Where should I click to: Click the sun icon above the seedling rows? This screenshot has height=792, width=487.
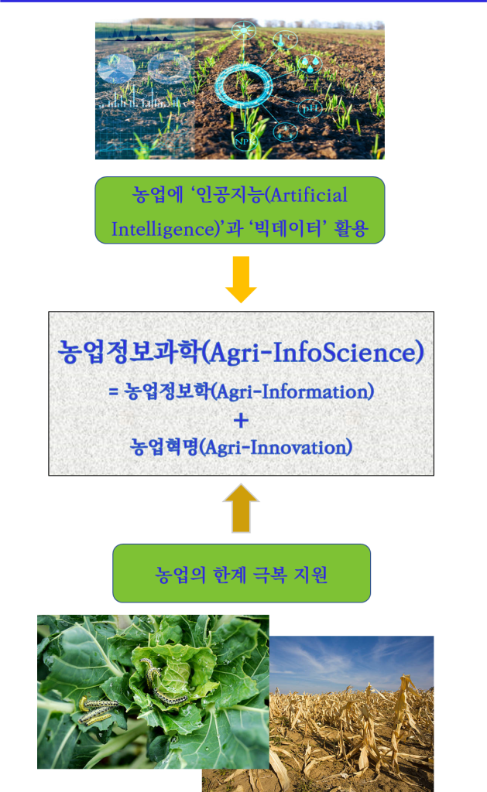coord(244,30)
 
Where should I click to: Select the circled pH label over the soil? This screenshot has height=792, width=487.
coord(310,108)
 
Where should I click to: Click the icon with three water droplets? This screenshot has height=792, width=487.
coord(310,64)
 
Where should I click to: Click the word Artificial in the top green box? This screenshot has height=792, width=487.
coord(309,195)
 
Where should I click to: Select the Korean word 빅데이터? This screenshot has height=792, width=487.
coord(288,228)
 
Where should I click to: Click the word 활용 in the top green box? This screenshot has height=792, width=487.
coord(351,229)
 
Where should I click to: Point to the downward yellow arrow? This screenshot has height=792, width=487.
coord(241,279)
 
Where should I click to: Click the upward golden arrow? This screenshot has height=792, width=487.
coord(242,508)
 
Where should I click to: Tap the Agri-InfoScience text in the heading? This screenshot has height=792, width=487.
coord(313,353)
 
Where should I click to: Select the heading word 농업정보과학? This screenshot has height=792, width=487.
coord(129,351)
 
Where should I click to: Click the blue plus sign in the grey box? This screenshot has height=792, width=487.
coord(242,420)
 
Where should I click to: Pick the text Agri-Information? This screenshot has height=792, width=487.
coord(293,392)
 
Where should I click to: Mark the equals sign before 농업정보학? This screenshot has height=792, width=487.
coord(113,391)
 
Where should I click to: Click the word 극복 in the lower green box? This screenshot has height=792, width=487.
coord(269,575)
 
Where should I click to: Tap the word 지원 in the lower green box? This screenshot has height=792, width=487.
coord(310,575)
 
